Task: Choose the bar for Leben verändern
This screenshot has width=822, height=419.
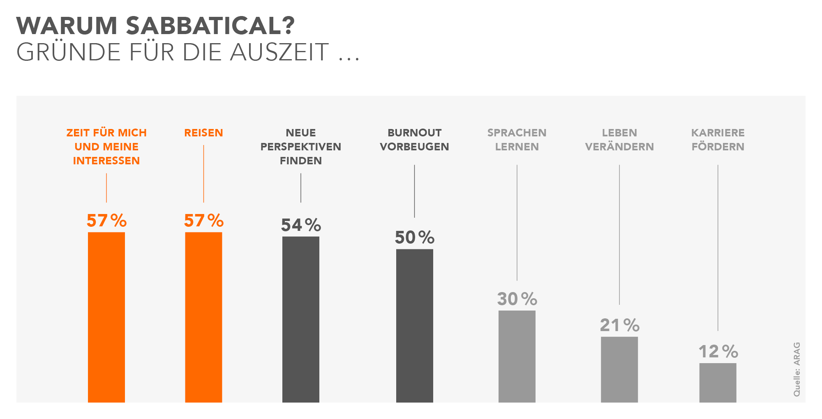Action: pos(619,369)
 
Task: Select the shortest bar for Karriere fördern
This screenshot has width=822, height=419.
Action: pos(718,382)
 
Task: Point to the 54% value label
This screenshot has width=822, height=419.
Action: pos(301,225)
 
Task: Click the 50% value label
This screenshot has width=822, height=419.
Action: pos(414,237)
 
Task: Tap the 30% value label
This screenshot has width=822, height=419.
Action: pos(517,299)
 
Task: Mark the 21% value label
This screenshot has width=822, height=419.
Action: pos(619,325)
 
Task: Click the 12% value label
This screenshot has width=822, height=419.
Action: pos(718,352)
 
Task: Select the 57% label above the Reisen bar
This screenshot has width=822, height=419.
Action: pos(203,221)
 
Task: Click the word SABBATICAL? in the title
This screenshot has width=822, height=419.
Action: pos(210,25)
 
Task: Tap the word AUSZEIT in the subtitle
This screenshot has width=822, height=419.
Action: pos(279,52)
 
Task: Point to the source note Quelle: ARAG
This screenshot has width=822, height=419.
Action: pos(797,369)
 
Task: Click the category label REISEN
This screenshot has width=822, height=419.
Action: pos(203,133)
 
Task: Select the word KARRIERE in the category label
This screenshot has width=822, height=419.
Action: pos(718,133)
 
